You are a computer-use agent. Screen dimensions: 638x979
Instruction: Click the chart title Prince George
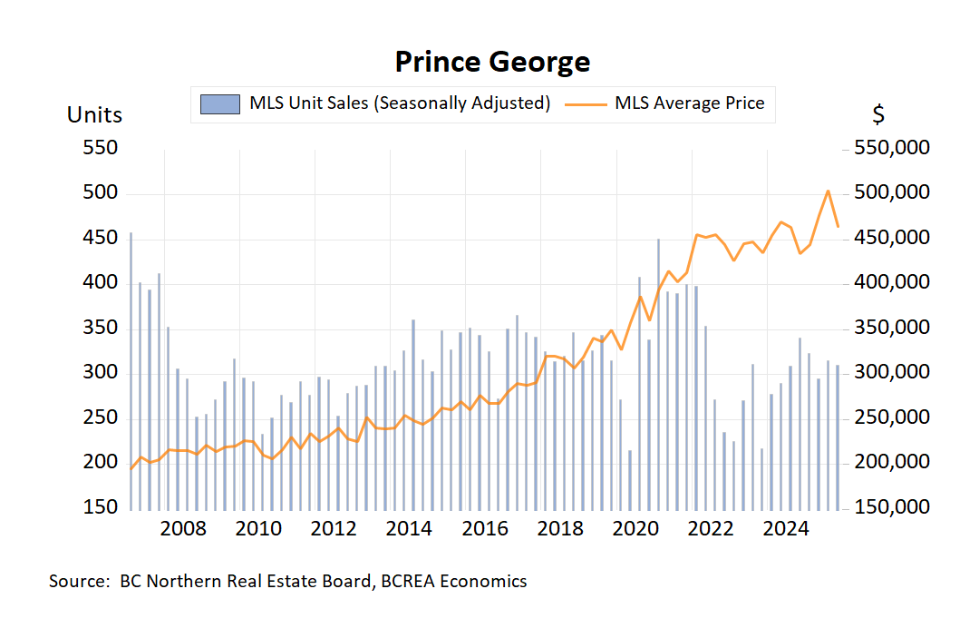(x=492, y=62)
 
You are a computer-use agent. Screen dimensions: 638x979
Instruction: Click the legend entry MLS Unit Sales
(x=399, y=103)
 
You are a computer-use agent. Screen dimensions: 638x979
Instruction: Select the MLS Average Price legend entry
(x=689, y=103)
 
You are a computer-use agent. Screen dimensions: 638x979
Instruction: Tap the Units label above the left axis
(x=94, y=115)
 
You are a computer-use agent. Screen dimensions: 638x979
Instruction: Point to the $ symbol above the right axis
(x=878, y=115)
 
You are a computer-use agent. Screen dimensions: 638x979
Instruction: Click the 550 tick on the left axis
(x=101, y=148)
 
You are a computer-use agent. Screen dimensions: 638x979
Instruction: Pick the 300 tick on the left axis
(x=101, y=372)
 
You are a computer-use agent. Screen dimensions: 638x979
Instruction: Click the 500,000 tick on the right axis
(x=892, y=193)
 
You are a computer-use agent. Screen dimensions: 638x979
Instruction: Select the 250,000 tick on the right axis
(x=892, y=417)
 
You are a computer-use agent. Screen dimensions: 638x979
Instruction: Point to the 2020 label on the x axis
(x=633, y=529)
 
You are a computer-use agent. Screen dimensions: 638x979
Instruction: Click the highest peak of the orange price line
(x=828, y=191)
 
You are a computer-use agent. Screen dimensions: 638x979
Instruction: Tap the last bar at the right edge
(x=838, y=437)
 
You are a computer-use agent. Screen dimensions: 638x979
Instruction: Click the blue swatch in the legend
(x=220, y=103)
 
